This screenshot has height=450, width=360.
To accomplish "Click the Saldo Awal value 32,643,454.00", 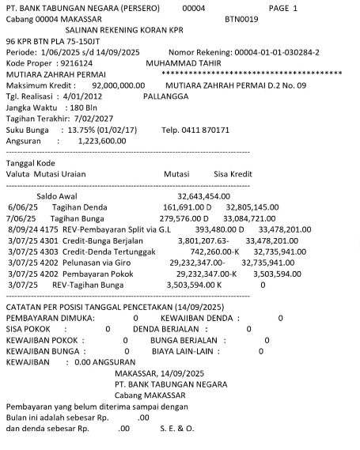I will [203, 195].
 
